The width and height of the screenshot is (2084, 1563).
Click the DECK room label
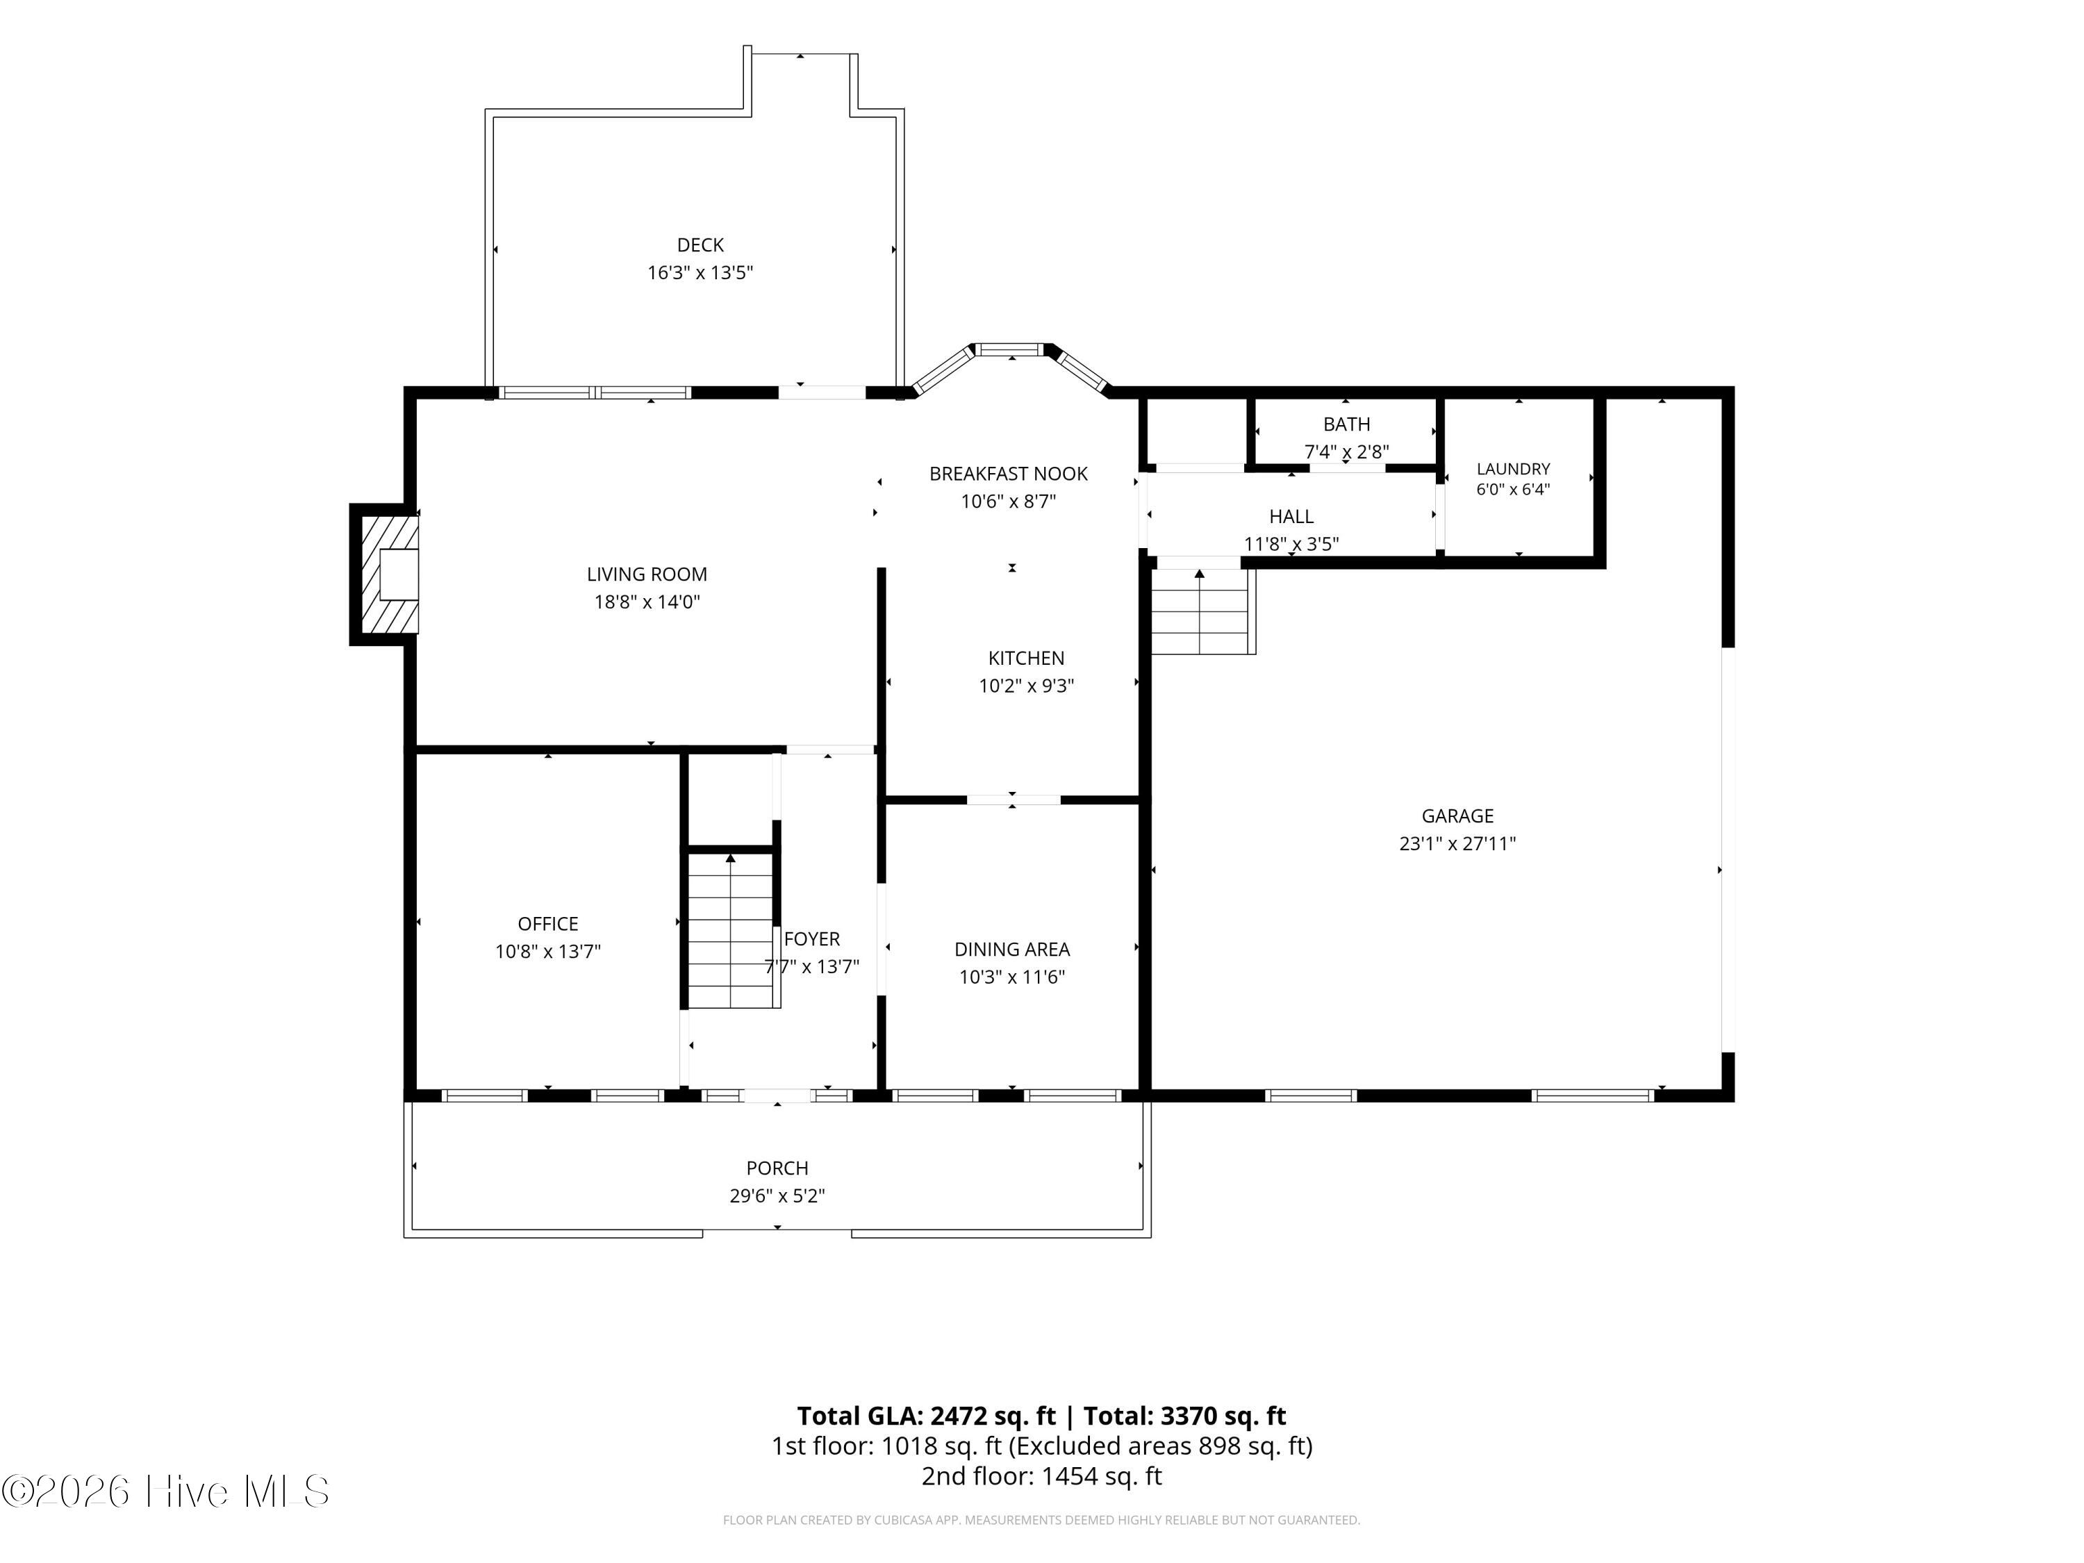coord(700,245)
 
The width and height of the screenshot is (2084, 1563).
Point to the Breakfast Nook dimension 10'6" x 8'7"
coord(1008,502)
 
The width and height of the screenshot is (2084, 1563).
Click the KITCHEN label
coord(1026,658)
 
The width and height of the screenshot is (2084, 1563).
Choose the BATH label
coord(1346,424)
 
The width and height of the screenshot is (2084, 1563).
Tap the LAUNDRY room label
coord(1513,468)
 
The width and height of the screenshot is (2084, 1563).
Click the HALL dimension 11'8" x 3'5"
coord(1291,544)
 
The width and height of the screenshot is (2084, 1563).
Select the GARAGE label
coord(1457,816)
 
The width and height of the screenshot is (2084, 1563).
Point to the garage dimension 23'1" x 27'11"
coord(1457,843)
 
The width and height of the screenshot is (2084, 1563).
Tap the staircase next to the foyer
coord(731,929)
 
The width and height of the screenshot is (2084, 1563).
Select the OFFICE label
coord(547,923)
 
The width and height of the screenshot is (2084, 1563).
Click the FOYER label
coord(811,938)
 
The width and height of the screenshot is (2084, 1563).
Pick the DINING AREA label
coord(1012,949)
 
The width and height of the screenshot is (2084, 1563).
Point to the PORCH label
coord(777,1168)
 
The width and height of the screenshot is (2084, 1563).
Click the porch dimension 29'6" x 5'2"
coord(777,1196)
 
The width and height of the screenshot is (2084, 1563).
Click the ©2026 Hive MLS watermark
coord(166,1491)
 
